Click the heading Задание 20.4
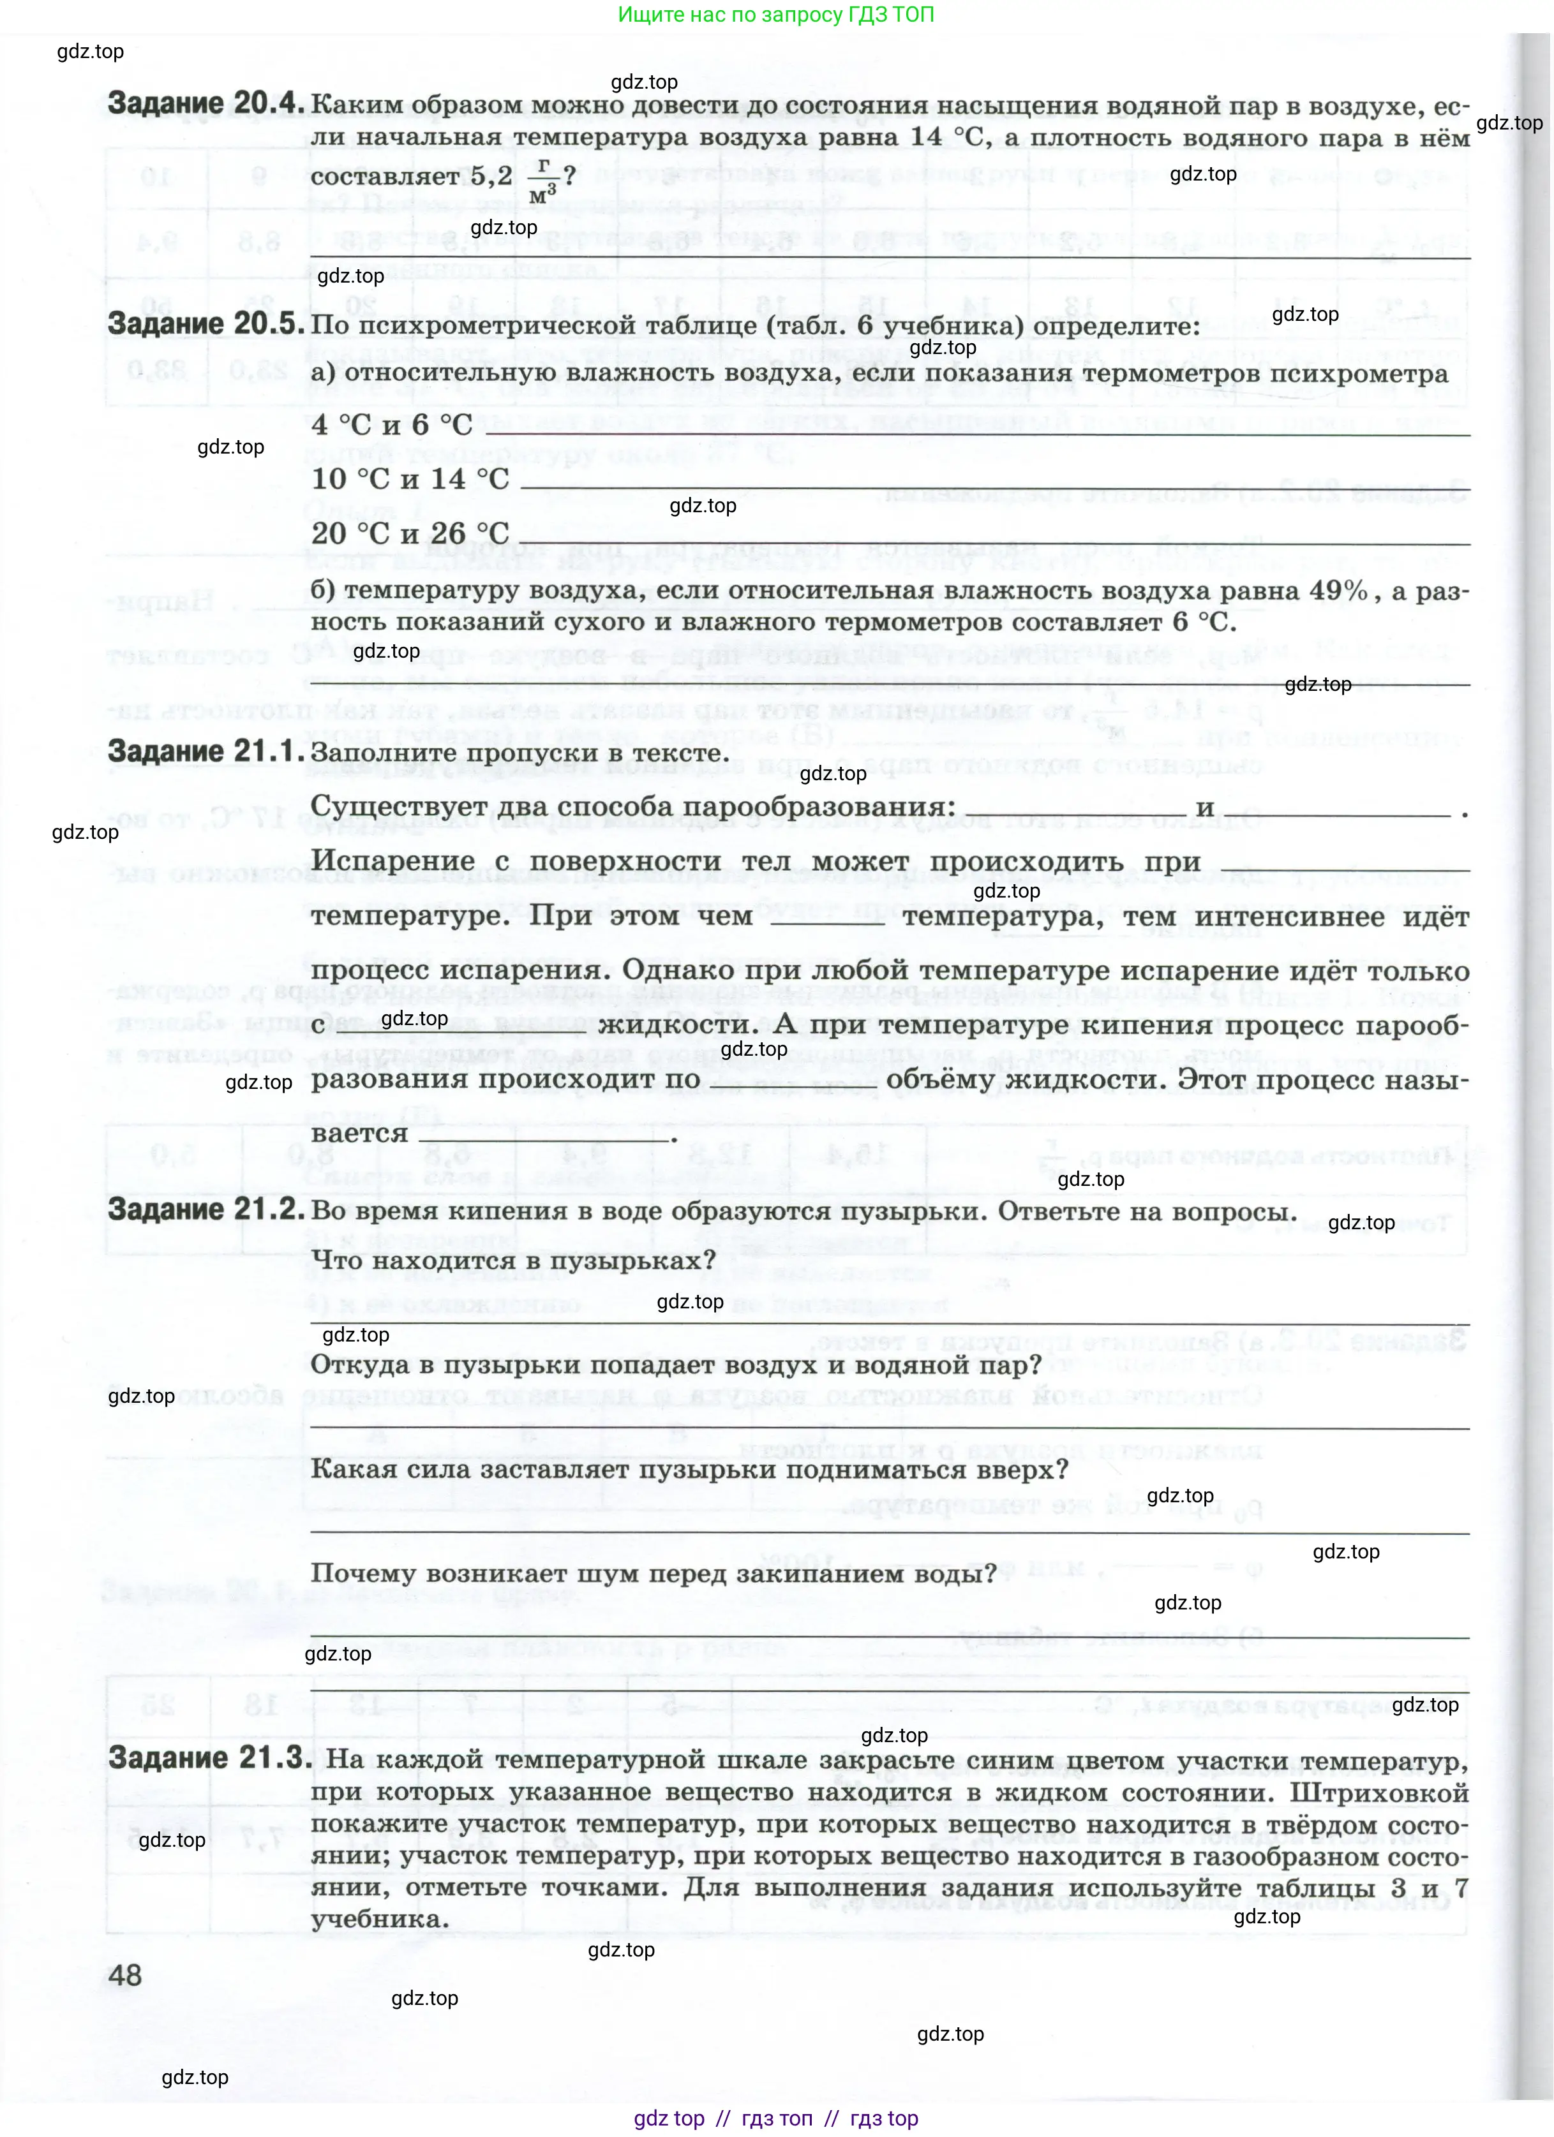point(206,103)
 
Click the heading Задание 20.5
point(206,323)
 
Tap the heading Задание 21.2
point(206,1209)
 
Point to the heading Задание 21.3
point(208,1757)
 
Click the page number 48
point(125,1974)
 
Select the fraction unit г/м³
point(540,179)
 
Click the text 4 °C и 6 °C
point(392,425)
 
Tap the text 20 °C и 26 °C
point(410,533)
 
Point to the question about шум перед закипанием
point(653,1574)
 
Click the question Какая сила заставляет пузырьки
point(689,1469)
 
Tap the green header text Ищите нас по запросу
point(775,15)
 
